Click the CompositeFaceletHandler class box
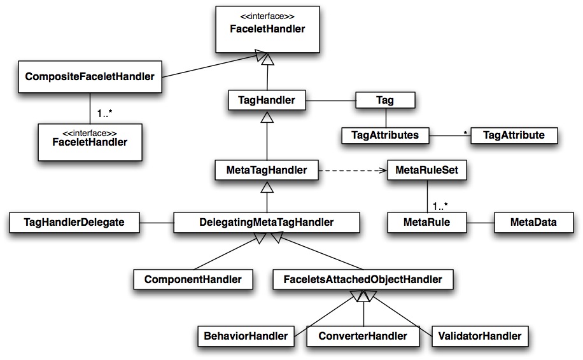point(89,76)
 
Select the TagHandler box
point(267,99)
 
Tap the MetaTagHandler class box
point(267,170)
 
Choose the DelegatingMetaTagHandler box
point(267,222)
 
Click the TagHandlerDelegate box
point(74,222)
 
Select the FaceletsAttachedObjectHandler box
point(363,279)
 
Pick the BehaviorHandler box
point(246,335)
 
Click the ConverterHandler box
point(363,335)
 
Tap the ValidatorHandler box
point(480,335)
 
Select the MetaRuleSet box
point(426,170)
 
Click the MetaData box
point(533,222)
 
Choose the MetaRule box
point(426,222)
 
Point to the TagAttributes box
point(385,135)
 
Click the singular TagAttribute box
point(513,135)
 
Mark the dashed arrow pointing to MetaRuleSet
point(353,170)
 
